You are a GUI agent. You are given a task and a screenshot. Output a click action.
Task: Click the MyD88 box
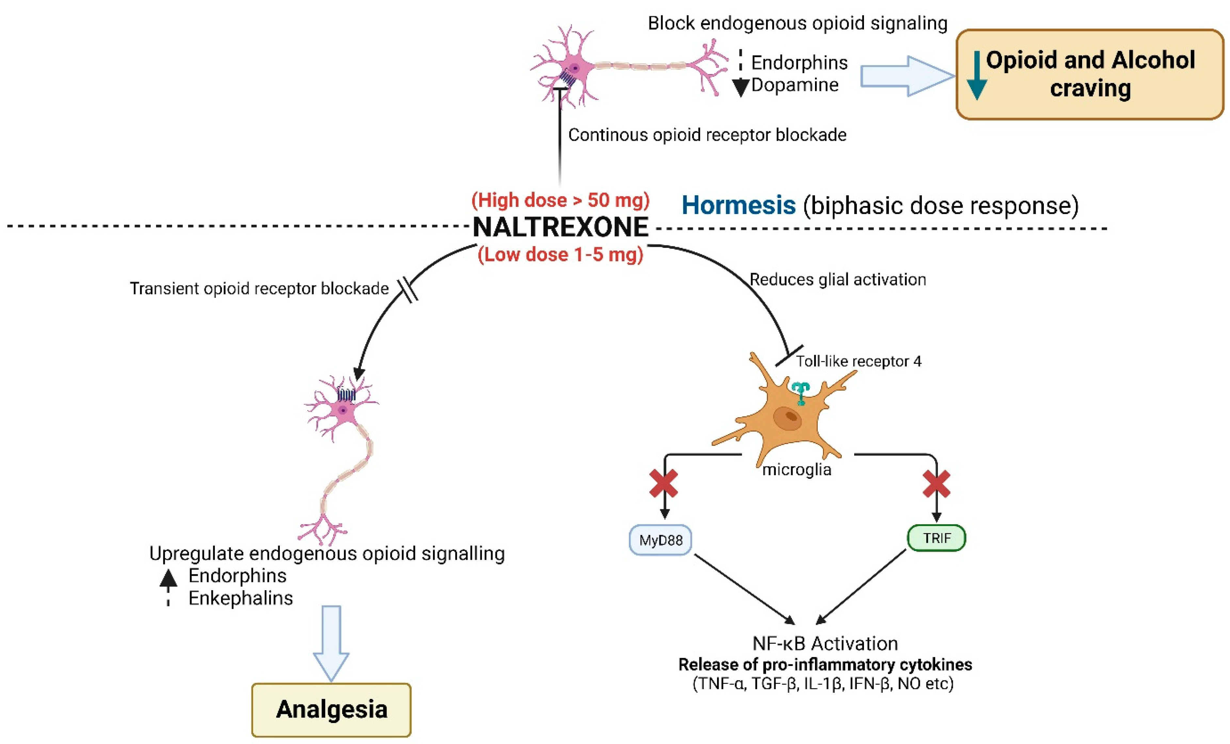(x=660, y=540)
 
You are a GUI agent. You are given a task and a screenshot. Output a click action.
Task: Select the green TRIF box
(x=936, y=538)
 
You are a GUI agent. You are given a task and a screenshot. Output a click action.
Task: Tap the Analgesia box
(x=331, y=710)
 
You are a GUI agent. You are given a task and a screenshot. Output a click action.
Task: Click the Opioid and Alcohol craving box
(x=1090, y=74)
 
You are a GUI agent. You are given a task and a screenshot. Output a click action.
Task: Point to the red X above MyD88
(x=663, y=483)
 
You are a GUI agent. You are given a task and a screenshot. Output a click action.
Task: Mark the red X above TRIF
(x=936, y=483)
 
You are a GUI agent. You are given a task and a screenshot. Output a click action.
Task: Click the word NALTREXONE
(x=560, y=227)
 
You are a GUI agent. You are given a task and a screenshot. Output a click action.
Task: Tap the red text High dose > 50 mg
(x=560, y=200)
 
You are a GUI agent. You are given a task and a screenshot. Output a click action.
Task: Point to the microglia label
(x=797, y=469)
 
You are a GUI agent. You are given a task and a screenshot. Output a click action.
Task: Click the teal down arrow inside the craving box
(x=976, y=75)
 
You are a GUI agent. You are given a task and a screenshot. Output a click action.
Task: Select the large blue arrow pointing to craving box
(x=906, y=76)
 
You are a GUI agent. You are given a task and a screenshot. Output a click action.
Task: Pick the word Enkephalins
(x=241, y=598)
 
